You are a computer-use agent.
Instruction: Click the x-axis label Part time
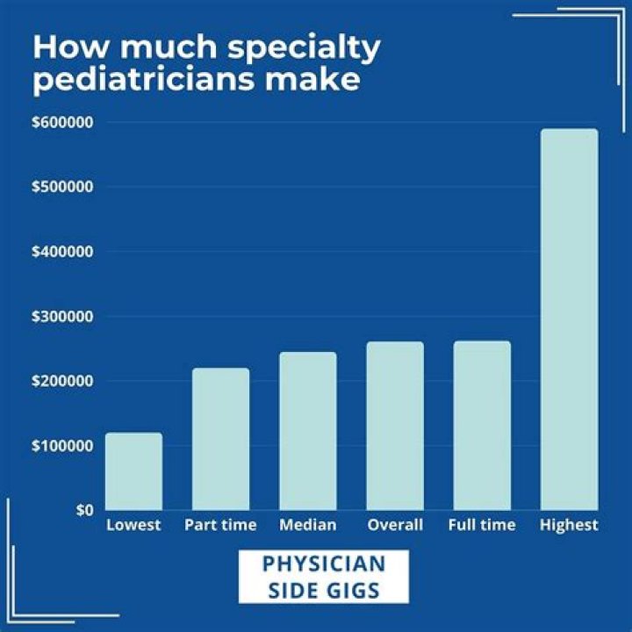(x=220, y=525)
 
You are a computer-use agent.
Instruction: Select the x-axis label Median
(x=307, y=525)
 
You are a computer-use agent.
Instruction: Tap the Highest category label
(x=569, y=525)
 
